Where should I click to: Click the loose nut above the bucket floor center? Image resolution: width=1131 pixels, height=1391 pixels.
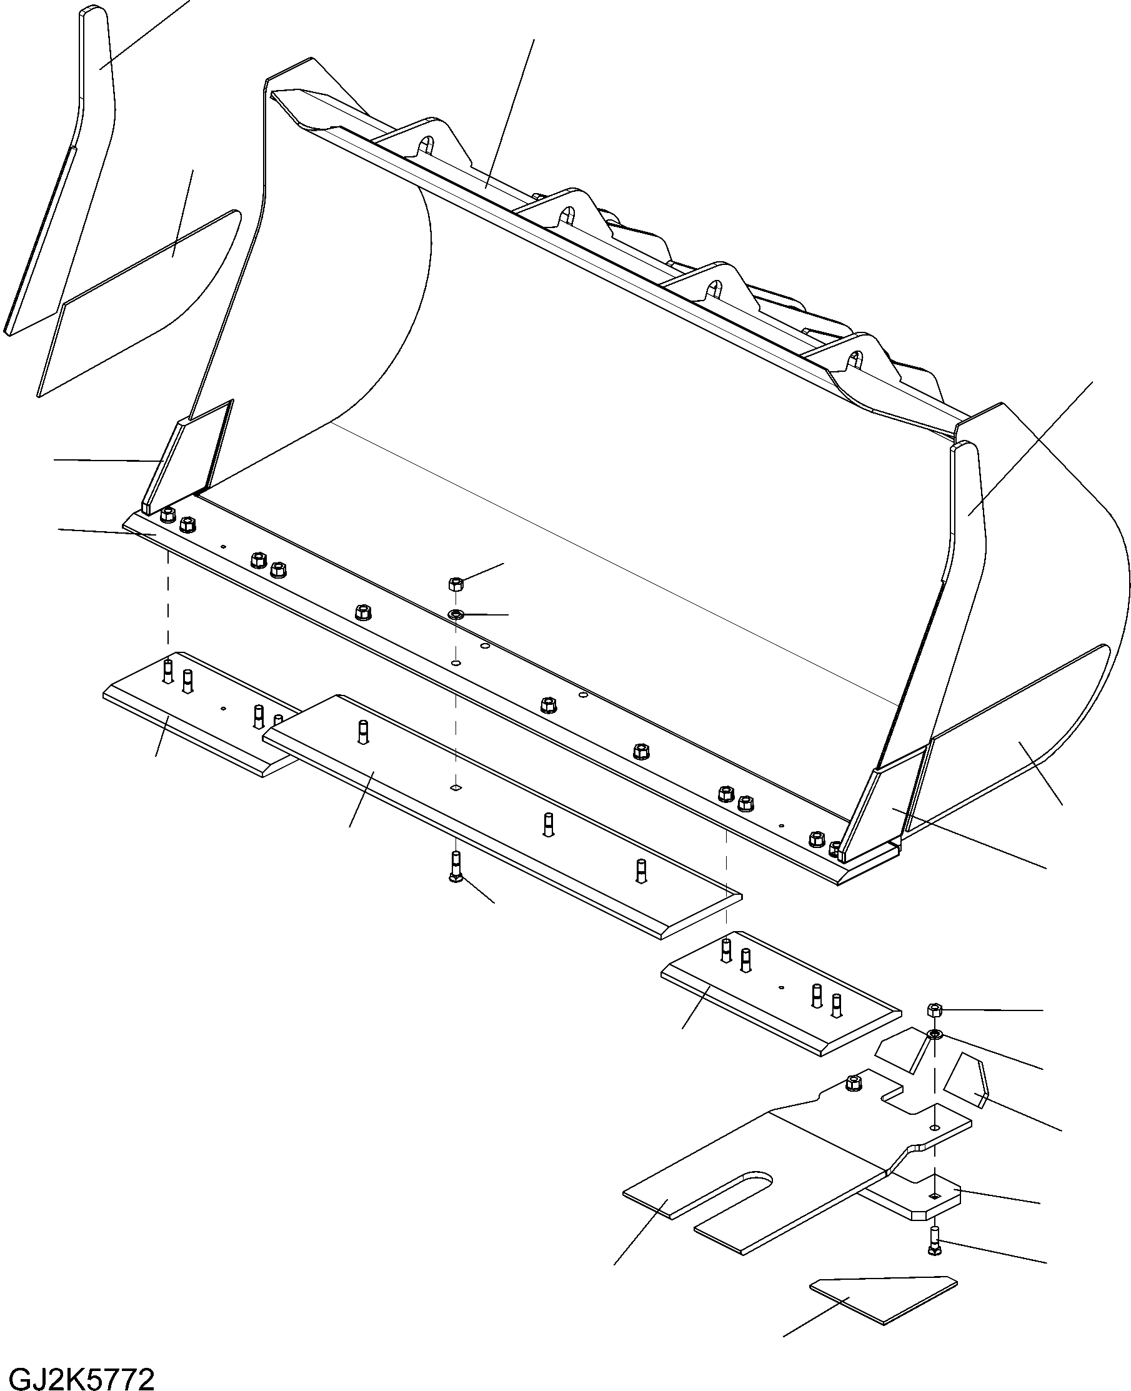[456, 583]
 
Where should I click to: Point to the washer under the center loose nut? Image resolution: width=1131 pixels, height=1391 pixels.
[456, 614]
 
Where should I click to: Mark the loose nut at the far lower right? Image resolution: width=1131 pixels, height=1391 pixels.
[934, 1010]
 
